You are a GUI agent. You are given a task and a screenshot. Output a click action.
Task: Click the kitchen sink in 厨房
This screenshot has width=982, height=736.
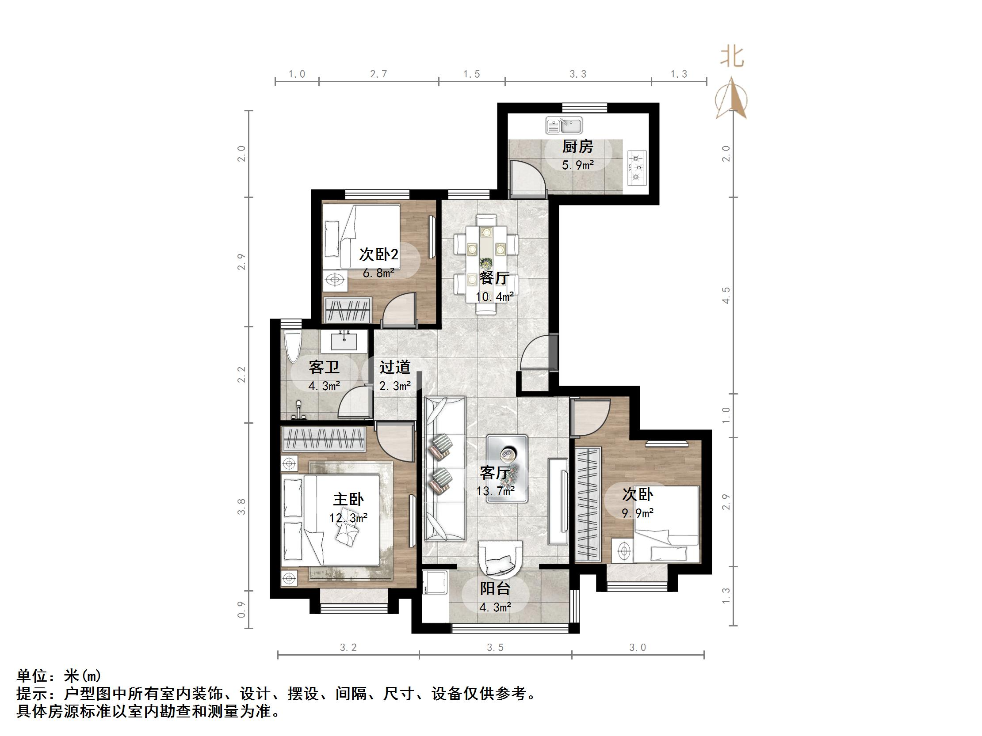click(x=564, y=125)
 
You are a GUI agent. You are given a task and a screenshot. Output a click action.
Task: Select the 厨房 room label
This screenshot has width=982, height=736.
click(x=577, y=147)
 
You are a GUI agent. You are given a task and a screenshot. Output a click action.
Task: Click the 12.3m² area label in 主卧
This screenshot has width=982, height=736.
click(x=348, y=518)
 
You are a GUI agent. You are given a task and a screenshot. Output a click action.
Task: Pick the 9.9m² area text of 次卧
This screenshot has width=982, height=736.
click(x=638, y=513)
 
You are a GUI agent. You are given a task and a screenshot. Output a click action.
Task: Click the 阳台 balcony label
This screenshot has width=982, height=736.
click(x=495, y=589)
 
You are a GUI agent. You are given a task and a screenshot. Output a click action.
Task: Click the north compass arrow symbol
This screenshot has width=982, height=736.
click(x=731, y=99)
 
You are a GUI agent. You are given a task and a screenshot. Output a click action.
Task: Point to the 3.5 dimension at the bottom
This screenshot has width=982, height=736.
click(x=495, y=648)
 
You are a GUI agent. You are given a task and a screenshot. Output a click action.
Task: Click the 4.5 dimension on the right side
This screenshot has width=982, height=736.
click(x=726, y=295)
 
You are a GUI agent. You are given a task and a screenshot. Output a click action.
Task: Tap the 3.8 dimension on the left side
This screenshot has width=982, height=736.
click(x=241, y=506)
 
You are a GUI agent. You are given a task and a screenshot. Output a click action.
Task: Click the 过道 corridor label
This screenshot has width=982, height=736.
click(x=395, y=367)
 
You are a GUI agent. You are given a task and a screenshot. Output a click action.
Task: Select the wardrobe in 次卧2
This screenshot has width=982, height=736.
click(x=348, y=309)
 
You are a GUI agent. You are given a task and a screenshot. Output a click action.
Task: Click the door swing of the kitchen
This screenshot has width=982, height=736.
click(x=527, y=178)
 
